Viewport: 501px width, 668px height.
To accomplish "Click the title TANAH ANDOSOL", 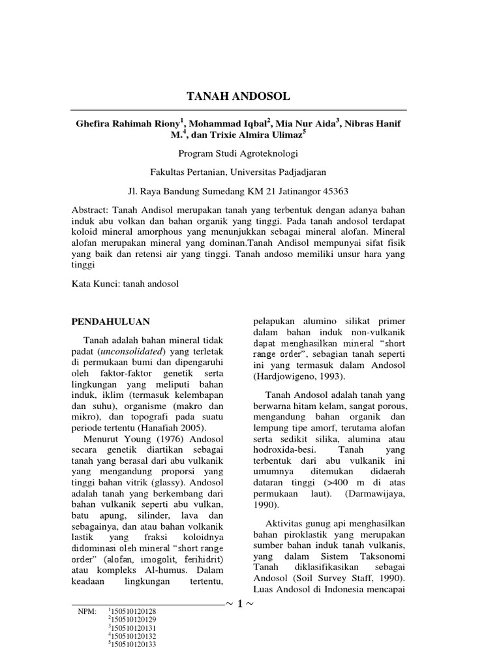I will (x=238, y=97).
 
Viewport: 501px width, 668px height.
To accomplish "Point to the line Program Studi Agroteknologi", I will (x=238, y=155).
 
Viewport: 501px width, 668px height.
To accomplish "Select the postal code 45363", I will (x=333, y=192).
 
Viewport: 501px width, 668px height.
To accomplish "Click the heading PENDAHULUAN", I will (x=110, y=322).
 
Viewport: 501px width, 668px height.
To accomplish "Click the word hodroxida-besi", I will (x=283, y=450).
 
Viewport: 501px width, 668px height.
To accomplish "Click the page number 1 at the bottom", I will (x=240, y=604).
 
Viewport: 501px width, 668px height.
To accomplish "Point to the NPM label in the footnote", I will (x=85, y=611).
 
